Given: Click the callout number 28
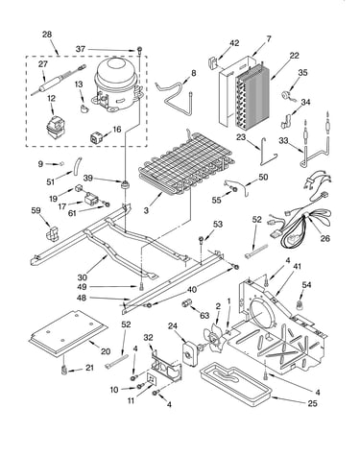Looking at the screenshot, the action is (47, 35).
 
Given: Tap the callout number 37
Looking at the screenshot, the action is (81, 49).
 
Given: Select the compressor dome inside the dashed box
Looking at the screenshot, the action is (117, 84).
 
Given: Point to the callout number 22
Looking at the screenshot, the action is (294, 56).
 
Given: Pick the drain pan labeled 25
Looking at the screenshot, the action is (235, 383).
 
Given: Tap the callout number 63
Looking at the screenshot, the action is (204, 316).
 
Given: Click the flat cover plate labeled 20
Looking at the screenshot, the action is (68, 333).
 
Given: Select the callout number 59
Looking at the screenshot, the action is (36, 210).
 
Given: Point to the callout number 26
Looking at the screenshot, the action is (325, 238).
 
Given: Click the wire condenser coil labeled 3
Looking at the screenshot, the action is (186, 163).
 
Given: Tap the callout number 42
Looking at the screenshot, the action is (234, 42).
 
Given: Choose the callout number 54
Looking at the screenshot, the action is (306, 284).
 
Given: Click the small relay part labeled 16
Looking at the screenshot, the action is (96, 137).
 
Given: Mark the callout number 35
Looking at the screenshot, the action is (302, 72).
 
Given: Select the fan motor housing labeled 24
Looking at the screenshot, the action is (190, 352).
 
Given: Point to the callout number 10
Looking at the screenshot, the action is (114, 390).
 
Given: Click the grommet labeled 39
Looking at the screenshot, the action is (124, 184).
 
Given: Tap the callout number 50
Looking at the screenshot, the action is (263, 177).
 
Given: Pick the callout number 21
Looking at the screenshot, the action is (89, 368).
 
